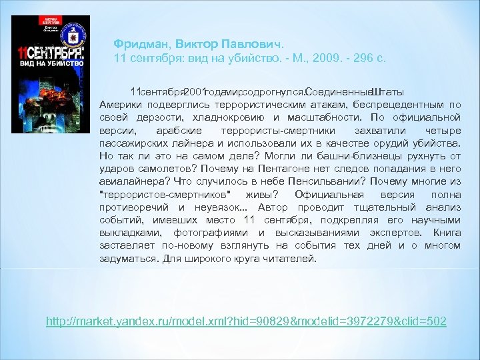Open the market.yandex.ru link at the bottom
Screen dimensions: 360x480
pos(246,321)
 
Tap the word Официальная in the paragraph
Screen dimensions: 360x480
pos(330,193)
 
